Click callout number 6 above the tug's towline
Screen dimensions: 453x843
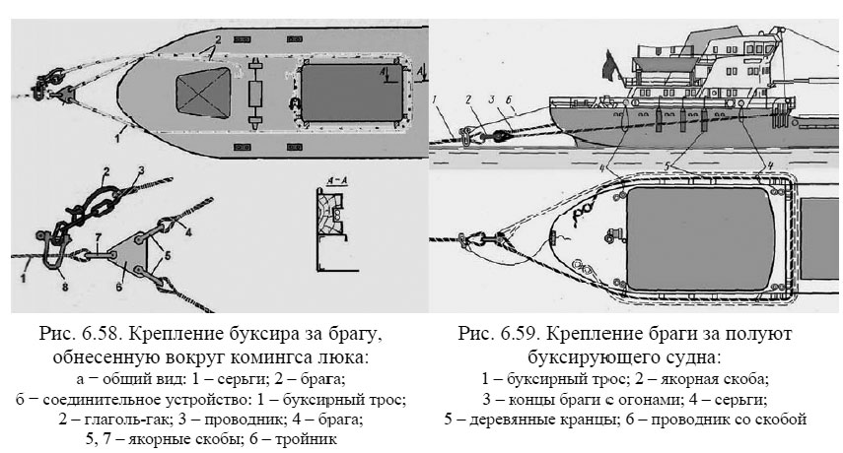pyautogui.click(x=508, y=100)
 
